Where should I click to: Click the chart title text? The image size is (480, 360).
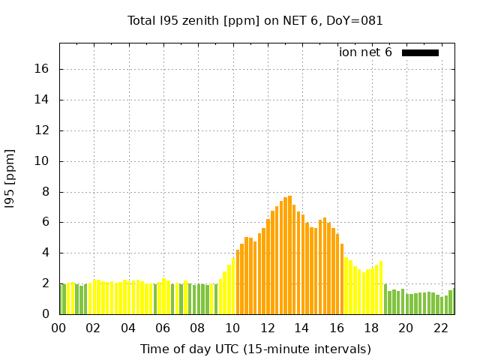[x=255, y=21]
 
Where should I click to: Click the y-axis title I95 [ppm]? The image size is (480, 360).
[x=10, y=178]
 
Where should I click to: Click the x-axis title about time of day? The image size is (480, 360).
[x=255, y=349]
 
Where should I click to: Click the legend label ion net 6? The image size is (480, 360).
[x=365, y=52]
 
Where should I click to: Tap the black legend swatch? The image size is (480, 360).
[x=420, y=52]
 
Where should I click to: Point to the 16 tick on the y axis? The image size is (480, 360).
[x=43, y=69]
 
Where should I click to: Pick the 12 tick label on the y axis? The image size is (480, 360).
[x=43, y=130]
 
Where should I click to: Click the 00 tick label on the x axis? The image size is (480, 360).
[x=59, y=328]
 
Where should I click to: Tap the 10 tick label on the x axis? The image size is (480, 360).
[x=232, y=328]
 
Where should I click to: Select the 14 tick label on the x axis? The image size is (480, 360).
[x=301, y=328]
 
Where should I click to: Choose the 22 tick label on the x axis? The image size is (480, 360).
[x=440, y=328]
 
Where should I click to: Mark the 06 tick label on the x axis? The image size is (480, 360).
[x=163, y=328]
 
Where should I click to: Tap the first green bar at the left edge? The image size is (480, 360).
[x=61, y=299]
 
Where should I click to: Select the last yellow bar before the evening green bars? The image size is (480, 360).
[x=381, y=288]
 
